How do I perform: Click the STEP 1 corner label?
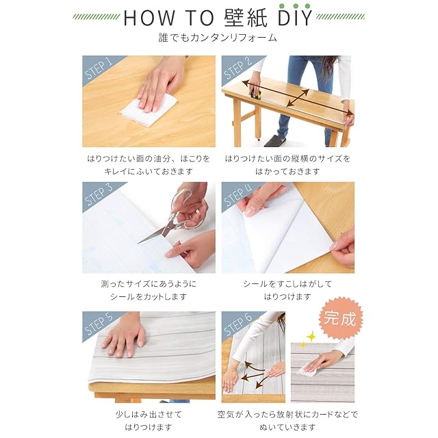point(99,68)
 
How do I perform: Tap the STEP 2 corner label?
point(237,68)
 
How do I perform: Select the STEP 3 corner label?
point(99,194)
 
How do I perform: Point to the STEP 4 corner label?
point(237,194)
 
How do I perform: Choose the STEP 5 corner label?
point(99,324)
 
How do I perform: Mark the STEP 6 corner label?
point(237,324)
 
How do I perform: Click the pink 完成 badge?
point(340,318)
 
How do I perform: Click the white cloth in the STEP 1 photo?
point(150,109)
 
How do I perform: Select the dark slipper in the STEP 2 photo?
point(275,141)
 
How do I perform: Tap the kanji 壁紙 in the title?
point(246,18)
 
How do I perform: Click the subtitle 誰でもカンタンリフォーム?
point(218,38)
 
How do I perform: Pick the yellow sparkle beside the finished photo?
point(311,337)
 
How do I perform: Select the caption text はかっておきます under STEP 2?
point(287,171)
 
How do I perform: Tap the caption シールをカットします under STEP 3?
point(149,296)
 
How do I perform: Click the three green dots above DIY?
point(295,6)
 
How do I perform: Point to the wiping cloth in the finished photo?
point(307,371)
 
